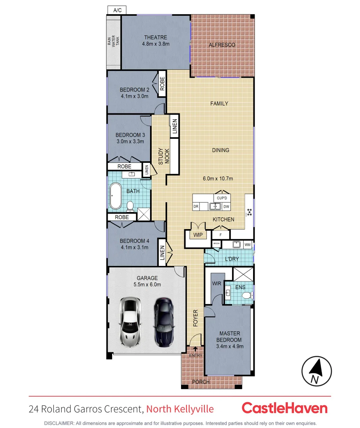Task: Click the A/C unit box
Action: tap(117, 10)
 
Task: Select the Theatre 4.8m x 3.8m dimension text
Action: tap(156, 44)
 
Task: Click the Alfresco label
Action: tap(222, 45)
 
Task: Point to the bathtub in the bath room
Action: tap(116, 196)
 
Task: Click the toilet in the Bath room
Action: tap(130, 205)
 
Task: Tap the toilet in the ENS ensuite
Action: tap(247, 295)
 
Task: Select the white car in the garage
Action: tap(130, 321)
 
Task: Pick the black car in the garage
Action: tap(163, 321)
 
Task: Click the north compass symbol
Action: tap(316, 372)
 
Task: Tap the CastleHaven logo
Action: tap(284, 408)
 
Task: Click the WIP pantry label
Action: tap(198, 235)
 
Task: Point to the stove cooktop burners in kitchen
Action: tap(249, 212)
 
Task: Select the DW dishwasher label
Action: tap(226, 206)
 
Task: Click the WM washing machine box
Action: tap(248, 245)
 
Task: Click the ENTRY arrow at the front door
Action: tap(195, 349)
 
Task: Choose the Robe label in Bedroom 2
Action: tap(162, 83)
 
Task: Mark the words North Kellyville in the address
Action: tap(180, 409)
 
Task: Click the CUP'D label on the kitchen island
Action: tap(222, 198)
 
